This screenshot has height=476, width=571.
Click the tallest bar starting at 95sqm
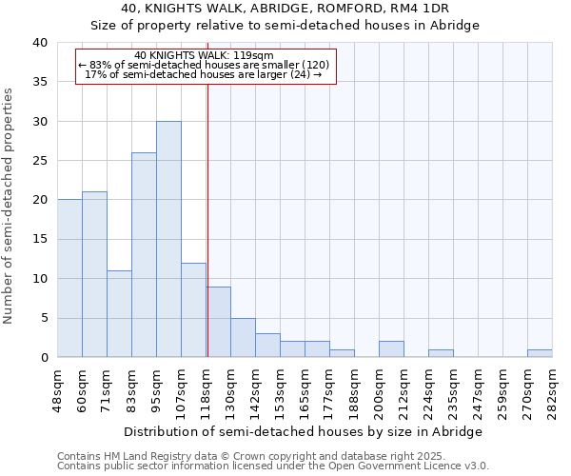(x=168, y=239)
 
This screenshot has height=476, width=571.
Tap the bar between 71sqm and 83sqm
(x=119, y=313)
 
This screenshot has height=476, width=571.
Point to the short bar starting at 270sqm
(x=540, y=353)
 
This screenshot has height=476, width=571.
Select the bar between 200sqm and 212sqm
(x=391, y=349)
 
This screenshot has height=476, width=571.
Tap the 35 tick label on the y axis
(x=39, y=82)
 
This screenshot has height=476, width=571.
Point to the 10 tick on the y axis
(x=39, y=279)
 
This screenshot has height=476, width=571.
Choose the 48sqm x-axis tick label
(x=57, y=390)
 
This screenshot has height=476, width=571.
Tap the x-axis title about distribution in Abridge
(x=304, y=431)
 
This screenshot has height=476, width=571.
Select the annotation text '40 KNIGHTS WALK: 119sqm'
(x=205, y=55)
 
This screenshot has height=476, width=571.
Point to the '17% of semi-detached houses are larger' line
(x=205, y=74)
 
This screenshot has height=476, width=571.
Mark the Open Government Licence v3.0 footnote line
(x=273, y=466)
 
